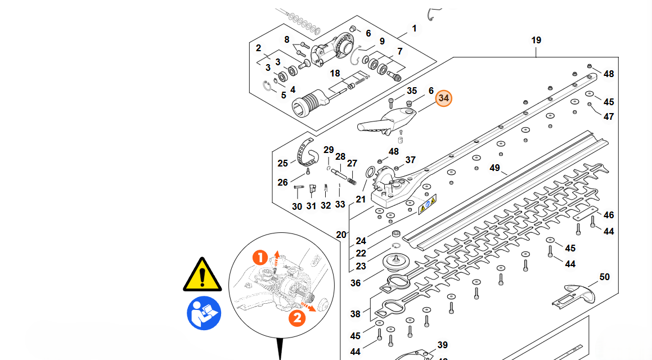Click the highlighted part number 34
coord(444,98)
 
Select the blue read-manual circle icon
coord(204,313)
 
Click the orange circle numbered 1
coord(260,258)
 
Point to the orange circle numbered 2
coord(297,318)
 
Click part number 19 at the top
coord(536,40)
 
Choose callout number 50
coord(604,277)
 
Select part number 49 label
coord(495,168)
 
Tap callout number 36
coord(356,283)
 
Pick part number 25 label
coord(282,163)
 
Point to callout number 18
coord(335,74)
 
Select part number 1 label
coord(415,28)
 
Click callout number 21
coord(361,199)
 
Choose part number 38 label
coord(356,314)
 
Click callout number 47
coord(609,116)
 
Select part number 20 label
coord(341,234)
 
